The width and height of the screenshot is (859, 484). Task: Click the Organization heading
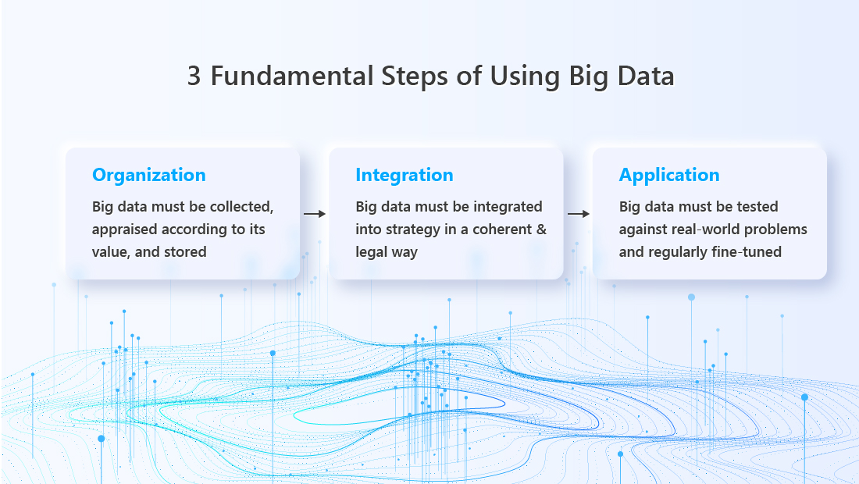pyautogui.click(x=149, y=175)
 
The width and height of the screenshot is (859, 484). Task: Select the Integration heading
pyautogui.click(x=405, y=175)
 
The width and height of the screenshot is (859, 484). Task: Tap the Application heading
pyautogui.click(x=669, y=175)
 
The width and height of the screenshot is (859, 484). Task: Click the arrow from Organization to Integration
pyautogui.click(x=315, y=214)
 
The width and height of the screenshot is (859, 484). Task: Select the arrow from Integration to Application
pyautogui.click(x=579, y=214)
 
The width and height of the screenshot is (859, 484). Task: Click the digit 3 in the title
pyautogui.click(x=194, y=76)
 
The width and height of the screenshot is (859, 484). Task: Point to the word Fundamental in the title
pyautogui.click(x=292, y=76)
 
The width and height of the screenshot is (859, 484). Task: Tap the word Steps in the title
pyautogui.click(x=415, y=77)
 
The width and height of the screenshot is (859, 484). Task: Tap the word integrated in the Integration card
pyautogui.click(x=508, y=207)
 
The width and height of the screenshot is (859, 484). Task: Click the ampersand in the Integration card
pyautogui.click(x=541, y=230)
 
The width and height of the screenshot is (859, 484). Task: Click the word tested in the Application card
pyautogui.click(x=757, y=207)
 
